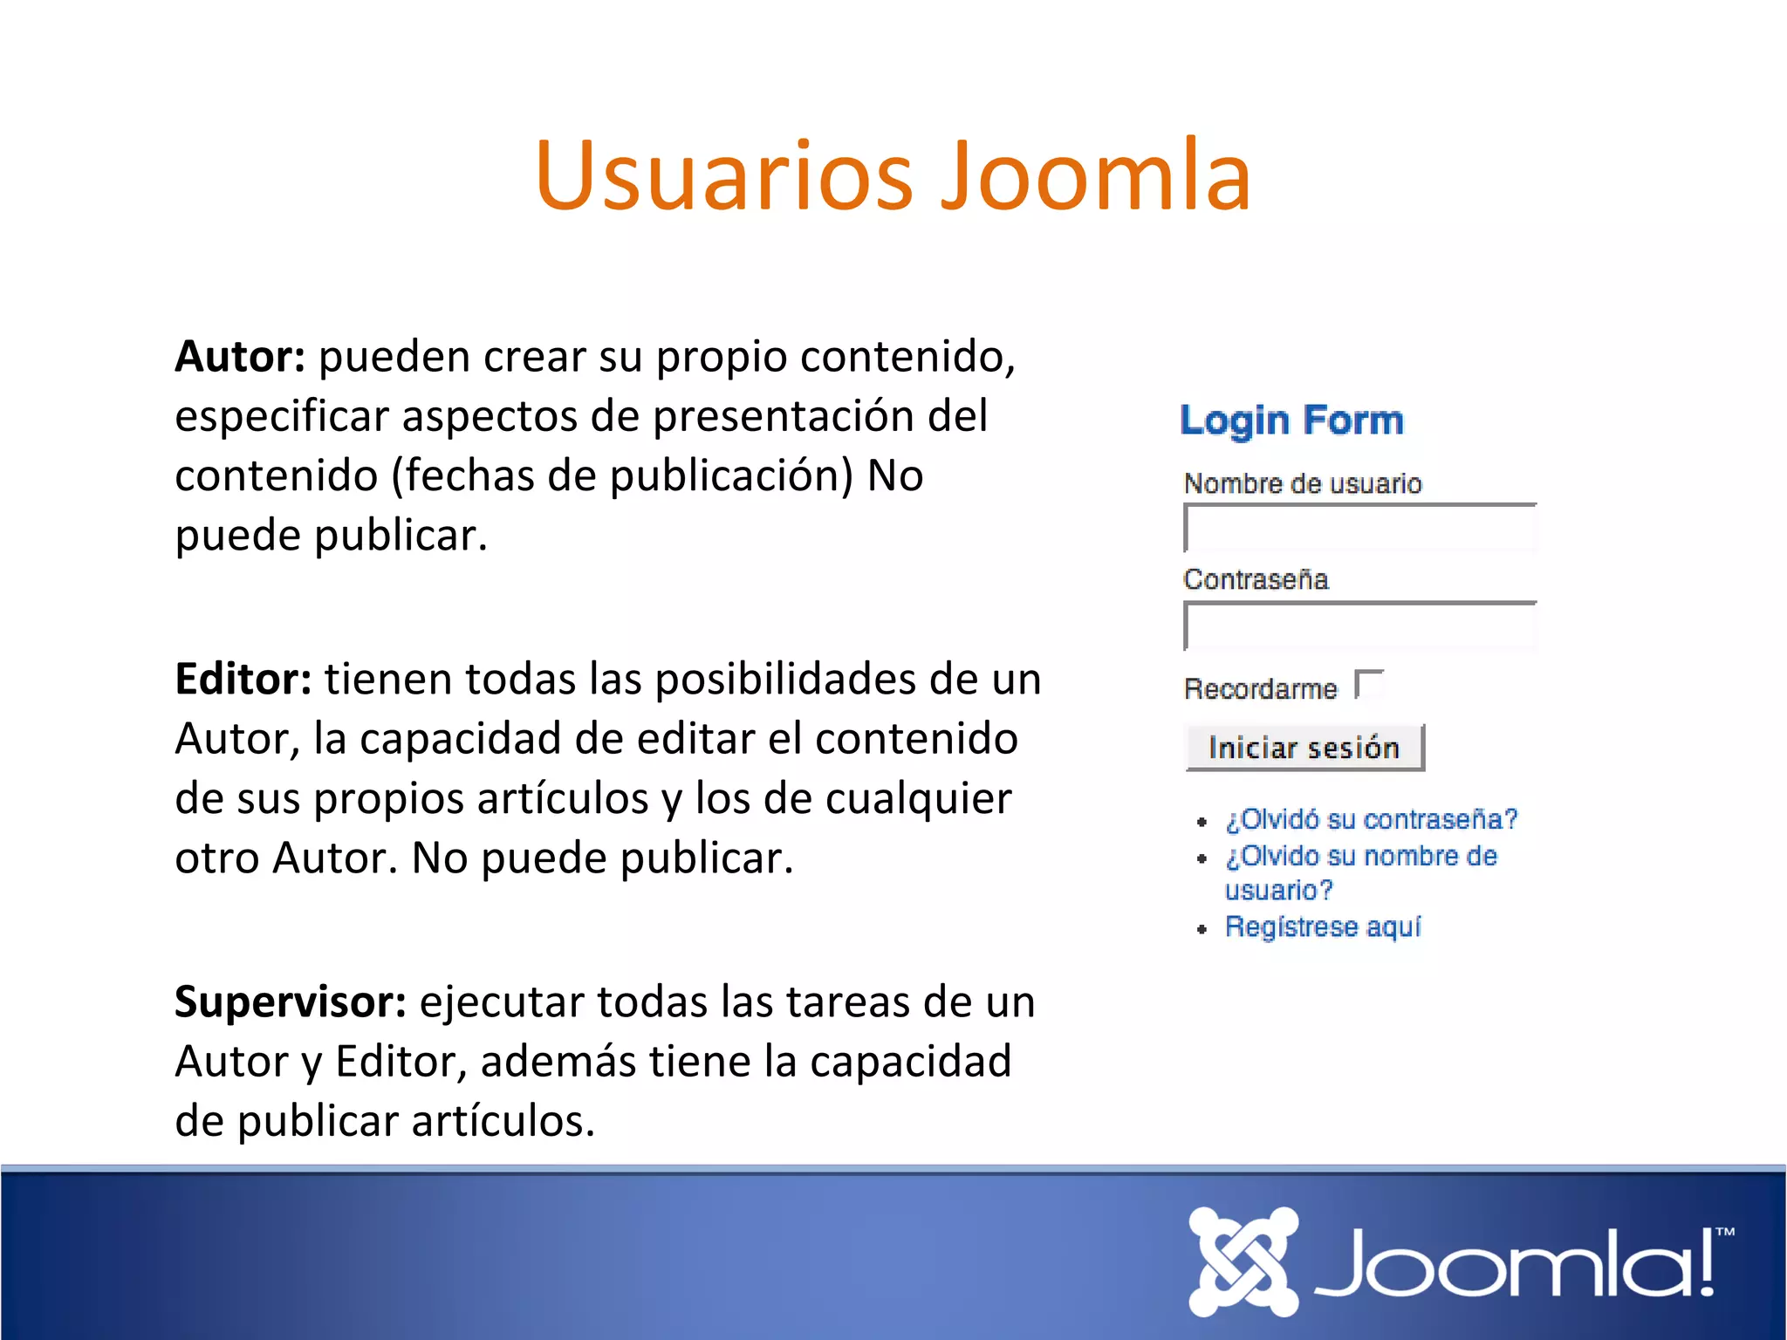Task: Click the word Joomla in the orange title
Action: point(1096,176)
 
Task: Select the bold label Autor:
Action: point(240,357)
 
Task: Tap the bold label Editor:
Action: point(243,680)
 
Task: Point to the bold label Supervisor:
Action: point(291,1002)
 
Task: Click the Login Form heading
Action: point(1291,420)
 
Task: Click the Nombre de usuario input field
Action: point(1359,530)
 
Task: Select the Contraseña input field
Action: point(1359,627)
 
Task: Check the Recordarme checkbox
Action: point(1370,686)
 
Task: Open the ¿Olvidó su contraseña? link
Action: point(1371,820)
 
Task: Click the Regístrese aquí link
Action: point(1323,926)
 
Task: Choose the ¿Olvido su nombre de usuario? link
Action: point(1360,857)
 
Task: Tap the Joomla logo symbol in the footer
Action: point(1243,1261)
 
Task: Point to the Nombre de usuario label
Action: point(1303,483)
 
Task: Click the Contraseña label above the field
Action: point(1256,579)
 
